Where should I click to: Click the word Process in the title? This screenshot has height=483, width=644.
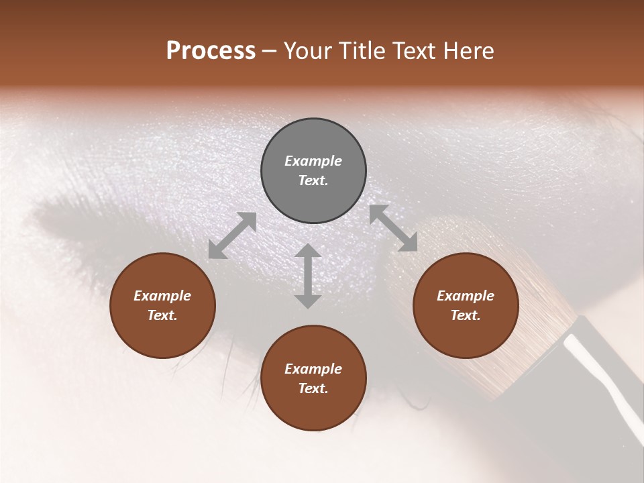(211, 51)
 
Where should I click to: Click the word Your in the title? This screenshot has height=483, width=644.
(308, 51)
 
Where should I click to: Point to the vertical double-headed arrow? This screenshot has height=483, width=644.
(308, 276)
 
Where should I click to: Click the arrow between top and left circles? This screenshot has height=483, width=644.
(232, 235)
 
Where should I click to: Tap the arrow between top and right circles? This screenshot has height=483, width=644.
(393, 228)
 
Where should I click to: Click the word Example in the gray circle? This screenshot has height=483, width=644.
(313, 161)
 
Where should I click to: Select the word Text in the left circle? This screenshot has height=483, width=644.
(162, 315)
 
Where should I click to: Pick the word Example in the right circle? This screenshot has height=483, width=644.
(466, 296)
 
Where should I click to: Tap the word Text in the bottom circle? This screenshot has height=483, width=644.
(313, 388)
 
